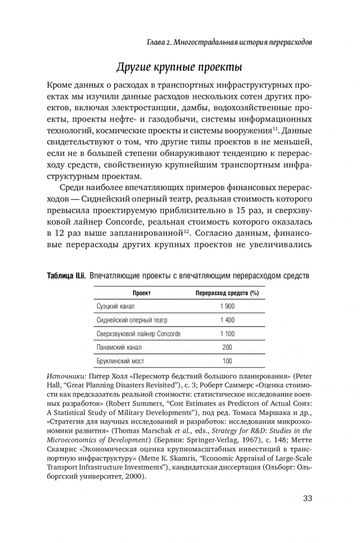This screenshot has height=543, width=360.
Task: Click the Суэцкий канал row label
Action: click(116, 306)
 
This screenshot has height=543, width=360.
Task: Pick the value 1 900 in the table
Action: click(227, 306)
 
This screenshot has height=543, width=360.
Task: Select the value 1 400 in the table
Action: click(227, 320)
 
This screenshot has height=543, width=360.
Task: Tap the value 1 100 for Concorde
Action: click(227, 333)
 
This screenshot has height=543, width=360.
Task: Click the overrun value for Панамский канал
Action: click(227, 347)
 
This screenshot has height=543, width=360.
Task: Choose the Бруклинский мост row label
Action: click(120, 361)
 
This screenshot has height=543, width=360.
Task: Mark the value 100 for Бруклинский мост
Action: click(227, 361)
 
